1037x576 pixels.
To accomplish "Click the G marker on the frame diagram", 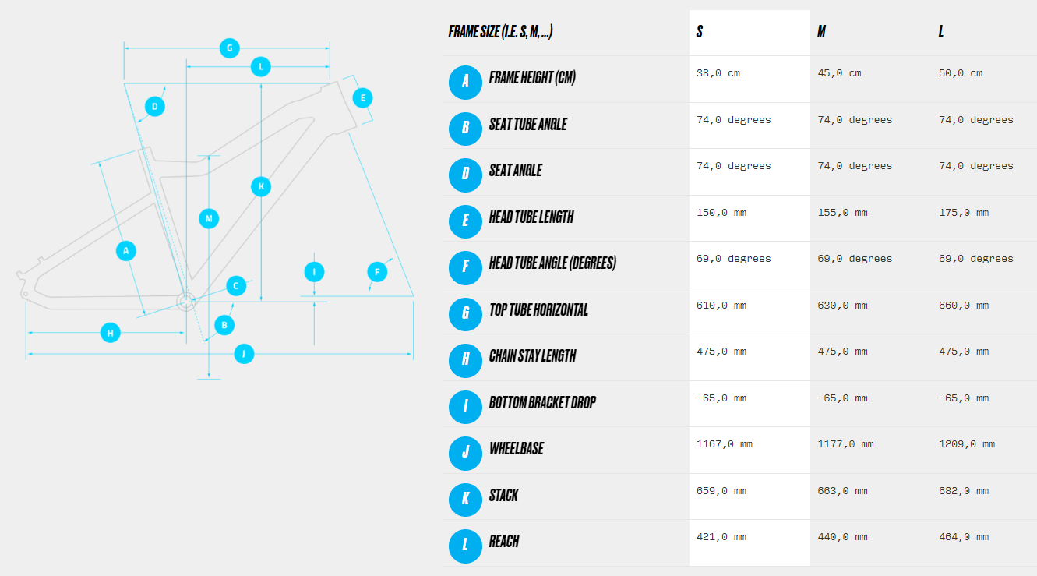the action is [229, 48].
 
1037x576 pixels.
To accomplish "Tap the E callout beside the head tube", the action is [362, 98].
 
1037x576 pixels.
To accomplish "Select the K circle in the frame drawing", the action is [261, 186].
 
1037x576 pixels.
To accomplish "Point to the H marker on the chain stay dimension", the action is [110, 333].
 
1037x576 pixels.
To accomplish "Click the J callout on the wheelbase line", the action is [244, 354].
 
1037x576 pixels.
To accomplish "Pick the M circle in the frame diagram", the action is [209, 218].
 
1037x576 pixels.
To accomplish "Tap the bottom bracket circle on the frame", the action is [185, 302].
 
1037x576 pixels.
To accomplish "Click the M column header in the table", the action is [821, 31].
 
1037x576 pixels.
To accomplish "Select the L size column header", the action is [941, 31].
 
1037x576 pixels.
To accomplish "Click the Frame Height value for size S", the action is [718, 73].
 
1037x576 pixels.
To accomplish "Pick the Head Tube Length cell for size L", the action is [964, 213].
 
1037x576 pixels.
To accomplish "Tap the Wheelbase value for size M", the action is [845, 444].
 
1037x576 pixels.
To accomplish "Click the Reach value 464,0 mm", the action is [964, 537].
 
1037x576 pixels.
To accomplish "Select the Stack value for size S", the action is [721, 491].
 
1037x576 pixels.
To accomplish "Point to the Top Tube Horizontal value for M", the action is [842, 306].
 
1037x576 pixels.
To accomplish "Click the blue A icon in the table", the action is [465, 83].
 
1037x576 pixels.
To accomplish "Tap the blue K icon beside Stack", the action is [465, 500].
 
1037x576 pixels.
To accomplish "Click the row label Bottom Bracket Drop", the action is [542, 402].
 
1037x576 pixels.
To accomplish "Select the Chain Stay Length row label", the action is [532, 355].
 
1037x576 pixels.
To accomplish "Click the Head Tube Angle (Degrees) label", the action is [552, 263].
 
